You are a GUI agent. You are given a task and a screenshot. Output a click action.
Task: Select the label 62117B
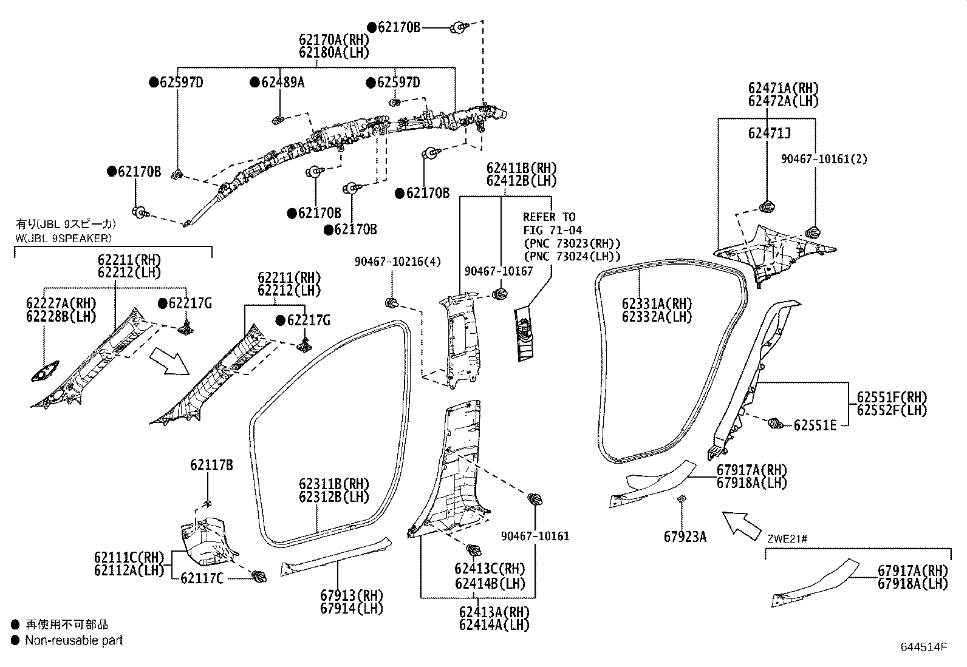pos(211,465)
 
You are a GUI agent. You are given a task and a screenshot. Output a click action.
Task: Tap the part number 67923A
pos(685,537)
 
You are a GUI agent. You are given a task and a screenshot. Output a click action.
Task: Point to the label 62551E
pos(815,425)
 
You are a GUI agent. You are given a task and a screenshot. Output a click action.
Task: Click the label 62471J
pos(769,133)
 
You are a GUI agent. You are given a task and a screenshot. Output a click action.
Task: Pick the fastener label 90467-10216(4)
pos(398,262)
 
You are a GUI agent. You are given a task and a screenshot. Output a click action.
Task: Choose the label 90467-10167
pos(498,271)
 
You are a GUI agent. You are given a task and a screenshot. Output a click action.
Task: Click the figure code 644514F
pos(923,647)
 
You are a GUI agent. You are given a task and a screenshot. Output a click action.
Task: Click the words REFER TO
pos(549,217)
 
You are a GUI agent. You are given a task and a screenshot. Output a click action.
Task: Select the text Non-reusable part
pos(73,640)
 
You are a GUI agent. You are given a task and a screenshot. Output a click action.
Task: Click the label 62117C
pos(202,578)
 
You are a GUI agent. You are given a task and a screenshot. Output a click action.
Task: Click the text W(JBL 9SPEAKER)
pos(63,237)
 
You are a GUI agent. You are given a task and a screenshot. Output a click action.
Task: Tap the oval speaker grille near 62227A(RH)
pos(44,371)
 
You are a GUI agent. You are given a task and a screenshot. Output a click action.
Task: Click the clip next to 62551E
pos(775,423)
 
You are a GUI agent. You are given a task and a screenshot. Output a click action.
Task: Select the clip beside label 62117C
pos(259,576)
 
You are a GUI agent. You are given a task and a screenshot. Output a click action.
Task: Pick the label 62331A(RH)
pos(657,303)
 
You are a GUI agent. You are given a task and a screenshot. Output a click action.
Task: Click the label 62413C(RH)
pos(490,569)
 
